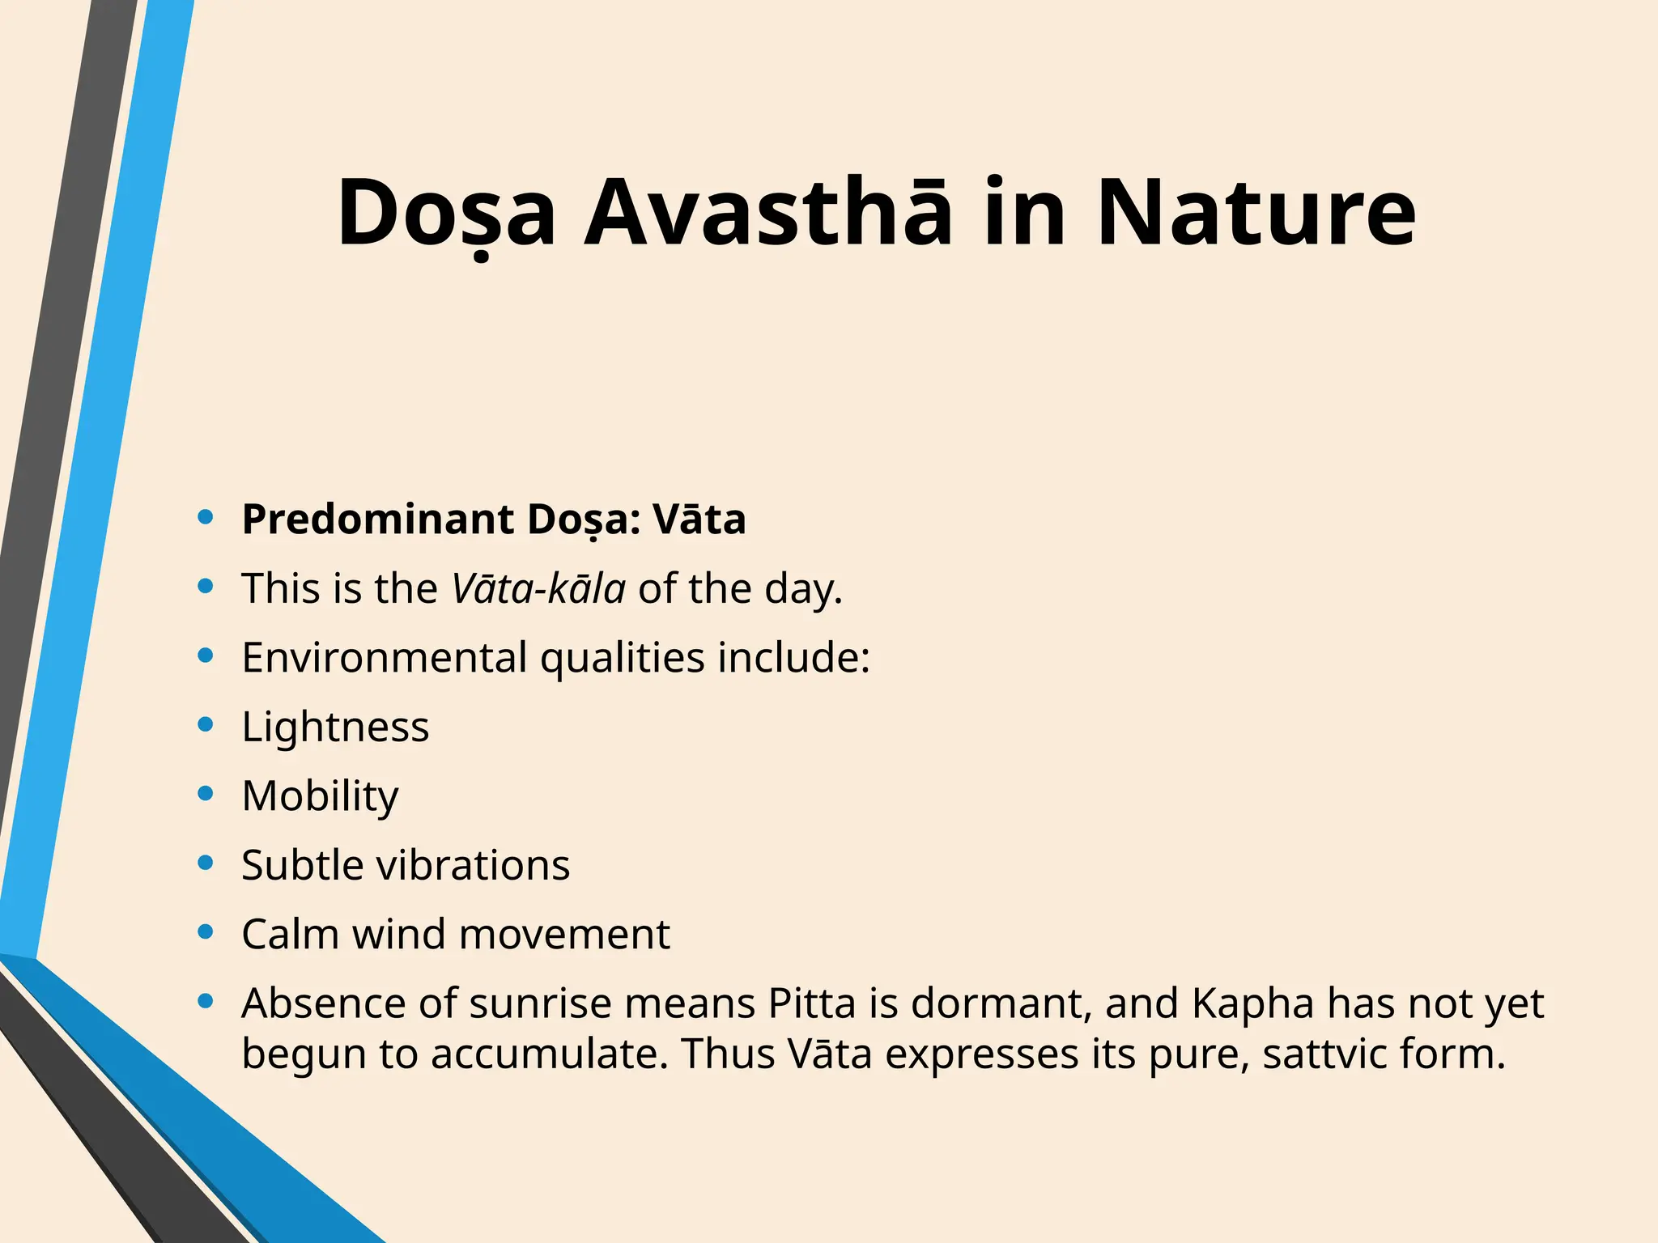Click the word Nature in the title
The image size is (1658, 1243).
(x=1256, y=214)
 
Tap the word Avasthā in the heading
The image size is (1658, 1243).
(x=767, y=214)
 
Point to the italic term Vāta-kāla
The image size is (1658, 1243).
(x=538, y=588)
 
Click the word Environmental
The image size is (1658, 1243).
(x=385, y=657)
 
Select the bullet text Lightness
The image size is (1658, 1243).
(x=335, y=727)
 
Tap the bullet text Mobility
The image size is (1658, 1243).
(x=320, y=796)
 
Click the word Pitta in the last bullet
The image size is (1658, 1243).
(x=812, y=1003)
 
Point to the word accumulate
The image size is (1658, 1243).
(x=549, y=1054)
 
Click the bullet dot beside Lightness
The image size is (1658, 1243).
(x=206, y=724)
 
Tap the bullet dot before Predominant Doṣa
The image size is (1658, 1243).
(x=206, y=517)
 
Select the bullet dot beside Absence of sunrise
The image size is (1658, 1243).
(x=206, y=1002)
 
